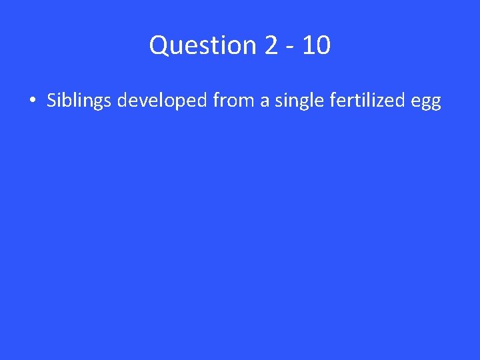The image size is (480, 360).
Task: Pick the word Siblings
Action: coord(79,101)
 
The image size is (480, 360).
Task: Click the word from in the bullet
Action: coord(231,101)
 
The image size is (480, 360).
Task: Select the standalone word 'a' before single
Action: coord(261,102)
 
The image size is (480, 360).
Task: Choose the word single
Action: coord(294,101)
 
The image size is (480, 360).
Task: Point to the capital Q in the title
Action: coord(160,46)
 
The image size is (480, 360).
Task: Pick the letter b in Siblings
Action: coord(67,101)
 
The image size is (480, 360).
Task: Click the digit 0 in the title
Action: coord(321,46)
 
